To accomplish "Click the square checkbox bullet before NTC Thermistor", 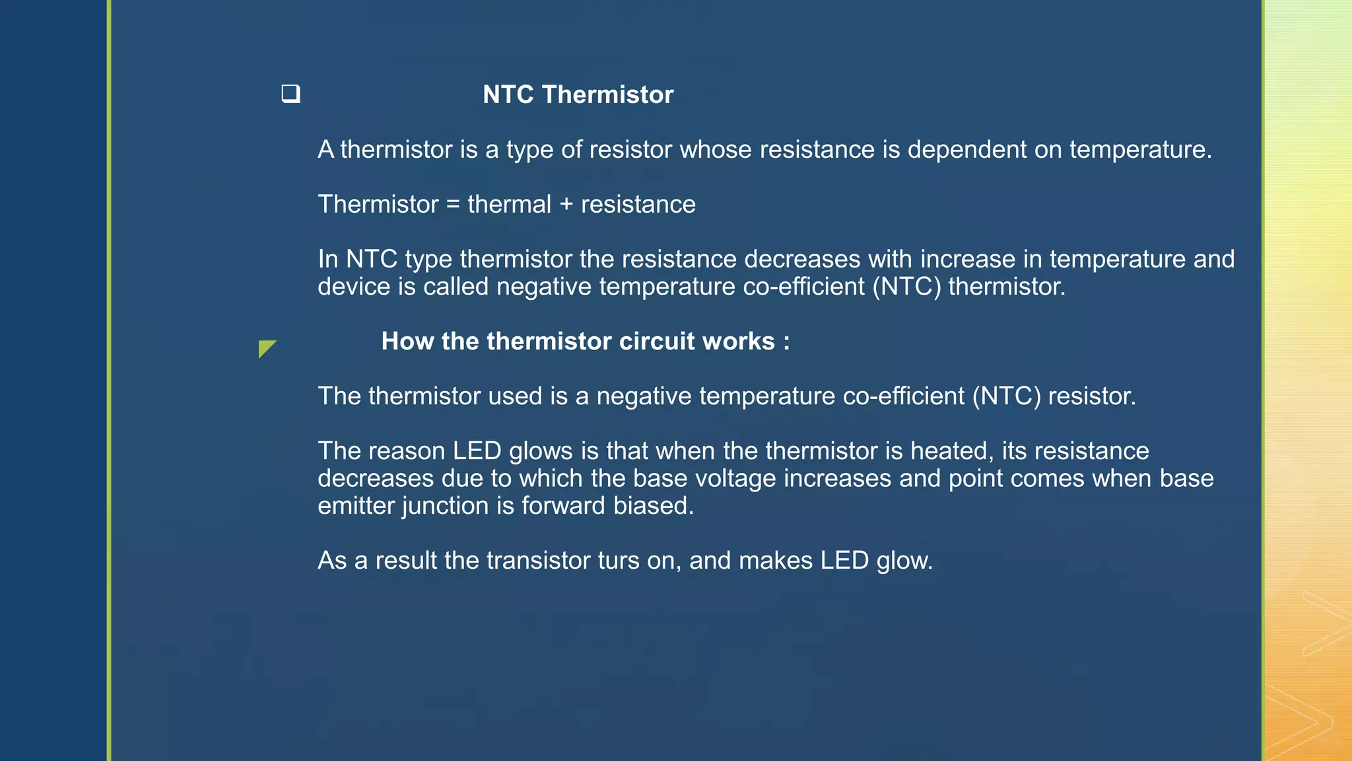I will (290, 94).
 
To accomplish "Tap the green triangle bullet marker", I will (265, 347).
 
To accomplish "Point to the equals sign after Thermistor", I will (453, 204).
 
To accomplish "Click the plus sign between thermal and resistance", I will (566, 205).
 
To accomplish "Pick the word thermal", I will (509, 204).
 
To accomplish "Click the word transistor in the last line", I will (537, 561).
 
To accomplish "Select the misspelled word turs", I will (618, 561).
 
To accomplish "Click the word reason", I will (407, 451).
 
